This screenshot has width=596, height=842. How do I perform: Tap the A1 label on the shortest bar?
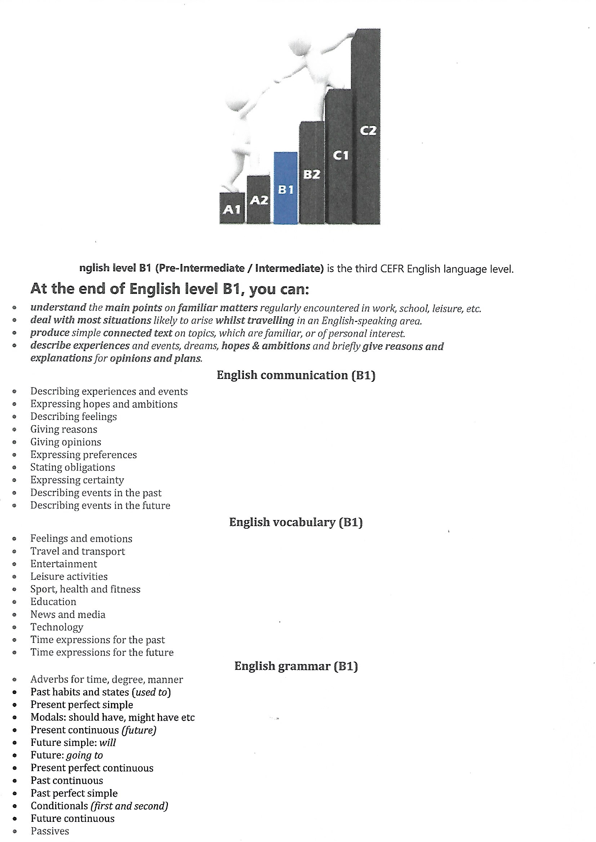(x=232, y=209)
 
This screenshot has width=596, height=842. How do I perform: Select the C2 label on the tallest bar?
(x=368, y=131)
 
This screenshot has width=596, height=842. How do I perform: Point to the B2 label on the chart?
(x=312, y=174)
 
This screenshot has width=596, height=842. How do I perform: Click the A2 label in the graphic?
(x=259, y=200)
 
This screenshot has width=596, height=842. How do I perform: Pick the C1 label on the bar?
(x=340, y=156)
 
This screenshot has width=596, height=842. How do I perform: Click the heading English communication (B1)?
(x=296, y=375)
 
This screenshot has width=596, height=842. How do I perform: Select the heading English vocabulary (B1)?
(x=296, y=522)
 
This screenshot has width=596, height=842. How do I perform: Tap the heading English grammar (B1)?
(x=296, y=666)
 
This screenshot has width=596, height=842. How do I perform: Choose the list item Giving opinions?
(x=66, y=442)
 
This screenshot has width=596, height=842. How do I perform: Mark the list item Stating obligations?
(x=73, y=467)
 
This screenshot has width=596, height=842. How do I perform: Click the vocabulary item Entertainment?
(x=63, y=564)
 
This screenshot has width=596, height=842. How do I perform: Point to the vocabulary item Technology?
(x=57, y=627)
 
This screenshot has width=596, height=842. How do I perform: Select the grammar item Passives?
(x=49, y=831)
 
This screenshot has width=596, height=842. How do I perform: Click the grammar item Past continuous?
(x=67, y=780)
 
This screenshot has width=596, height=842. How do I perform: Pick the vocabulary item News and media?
(x=68, y=614)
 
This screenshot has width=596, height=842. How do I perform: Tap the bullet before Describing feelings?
(x=14, y=417)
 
